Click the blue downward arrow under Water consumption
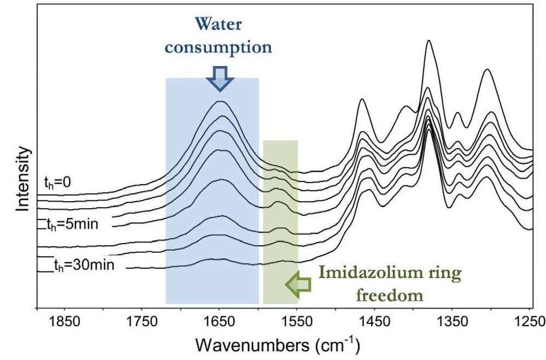click(x=219, y=80)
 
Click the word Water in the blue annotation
click(x=219, y=26)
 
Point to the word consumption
click(x=219, y=47)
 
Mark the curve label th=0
click(x=58, y=184)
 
